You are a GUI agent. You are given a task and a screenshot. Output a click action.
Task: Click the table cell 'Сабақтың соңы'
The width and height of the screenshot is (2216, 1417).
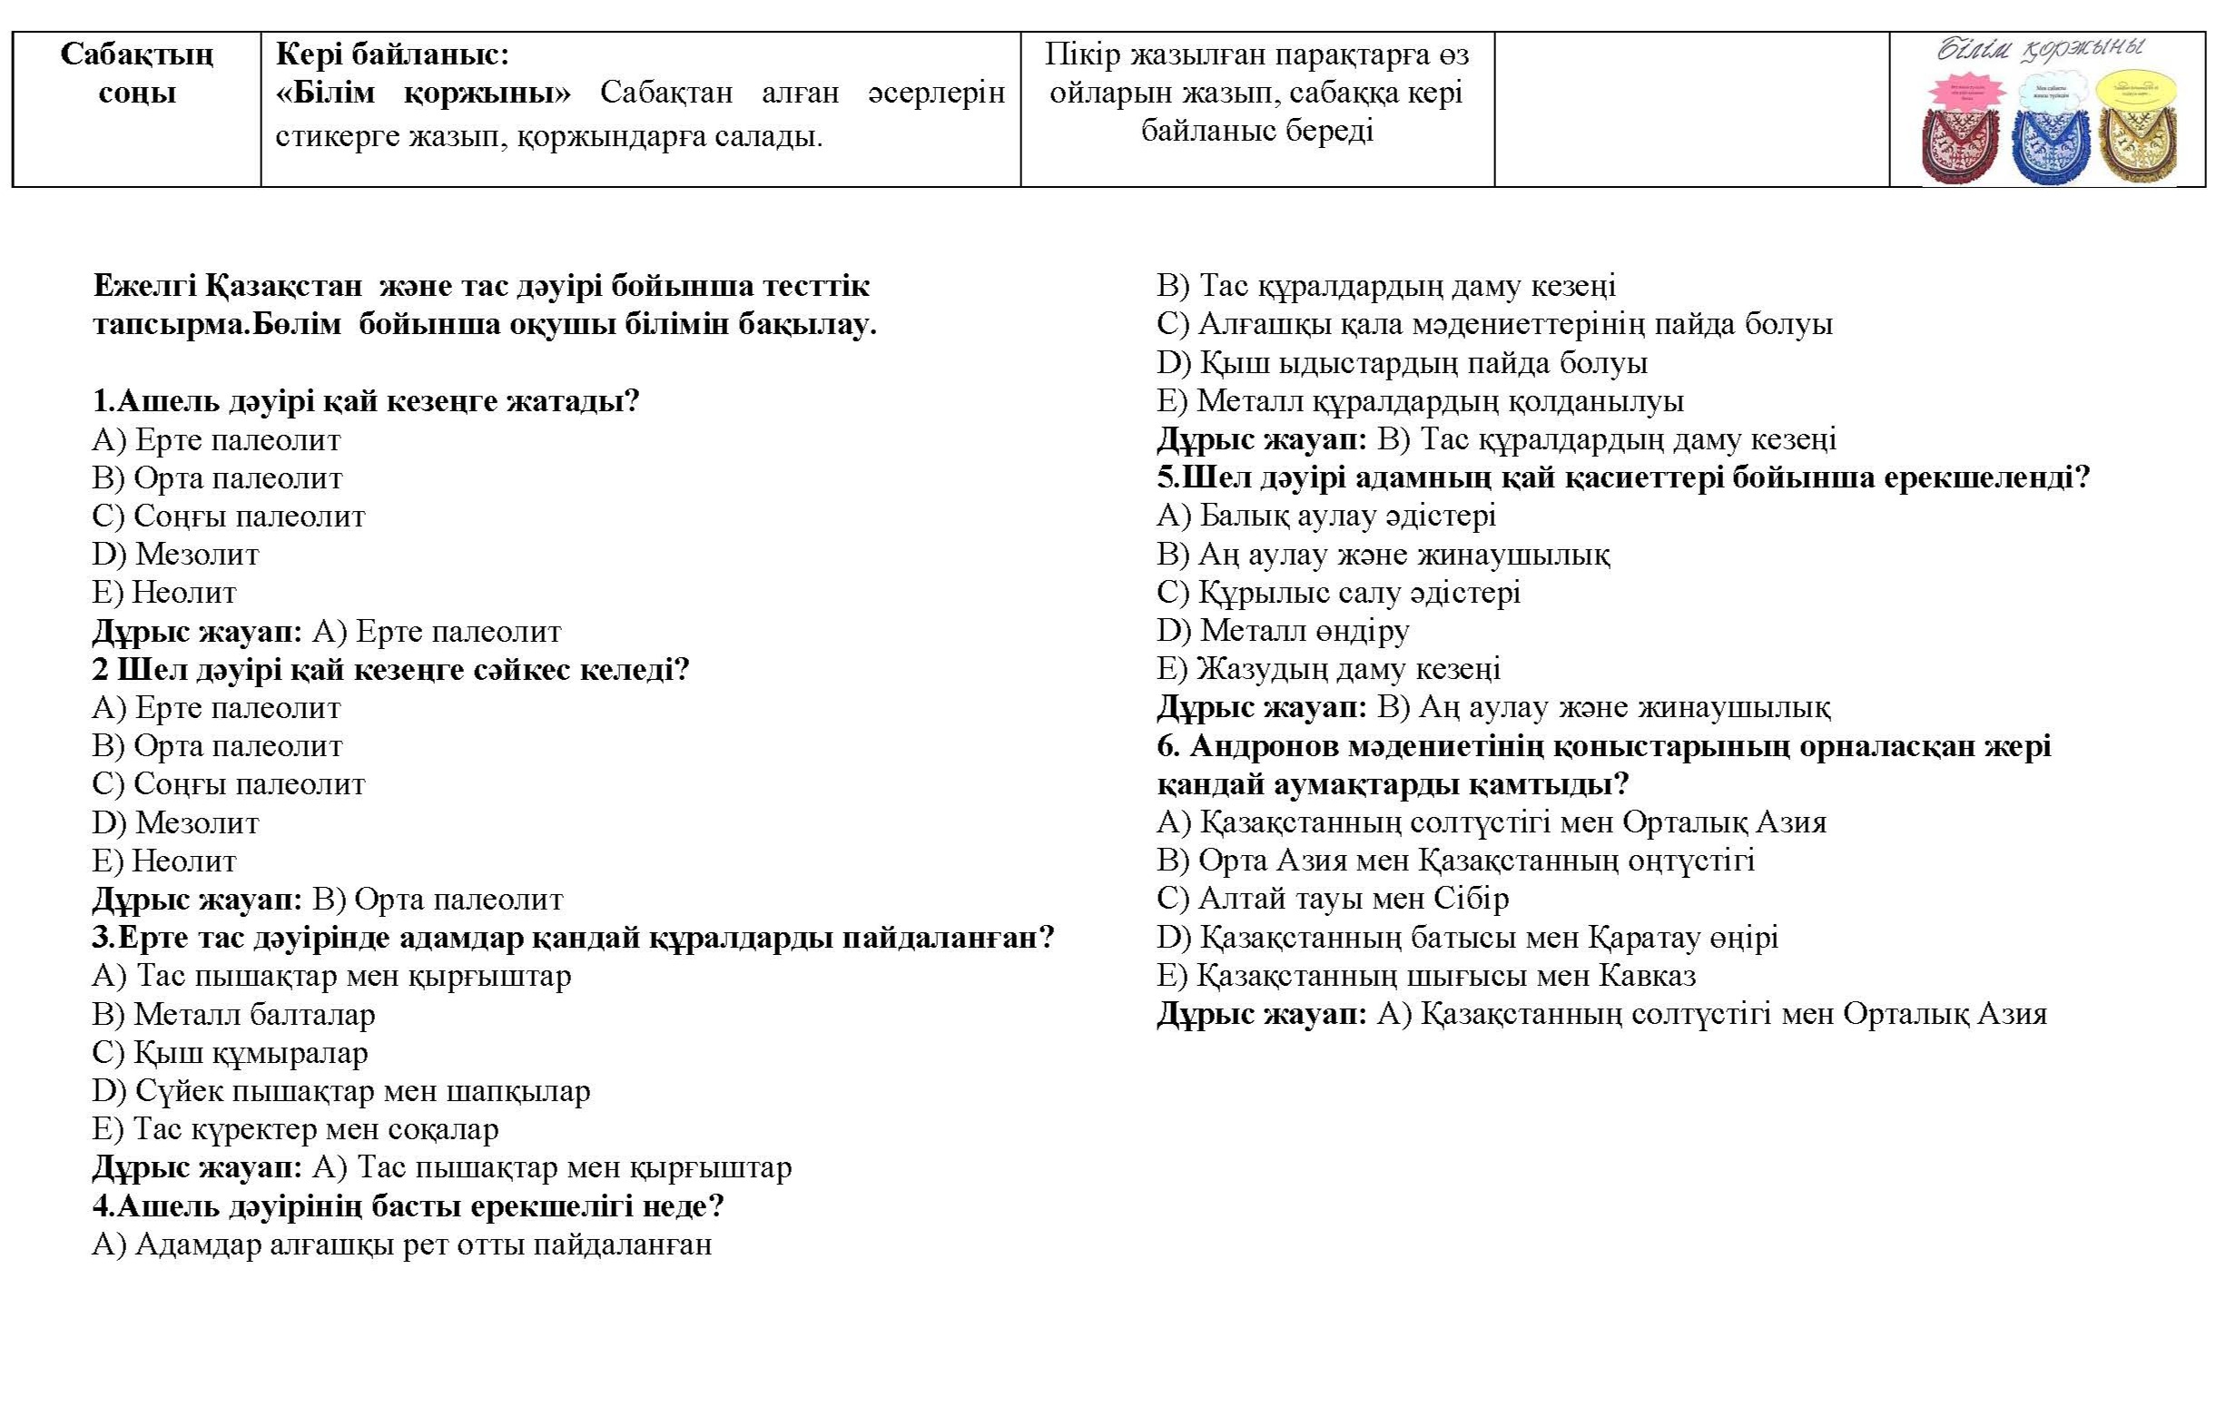[x=136, y=74]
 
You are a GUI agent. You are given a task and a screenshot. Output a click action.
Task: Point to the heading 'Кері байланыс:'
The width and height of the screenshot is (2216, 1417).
[x=392, y=55]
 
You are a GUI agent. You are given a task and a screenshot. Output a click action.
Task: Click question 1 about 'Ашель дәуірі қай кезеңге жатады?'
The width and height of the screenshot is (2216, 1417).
[x=365, y=401]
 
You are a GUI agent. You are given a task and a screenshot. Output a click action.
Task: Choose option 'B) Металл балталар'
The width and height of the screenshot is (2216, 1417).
[x=233, y=1014]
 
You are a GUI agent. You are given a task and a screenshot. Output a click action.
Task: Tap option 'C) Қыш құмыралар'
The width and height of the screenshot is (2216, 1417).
[x=230, y=1052]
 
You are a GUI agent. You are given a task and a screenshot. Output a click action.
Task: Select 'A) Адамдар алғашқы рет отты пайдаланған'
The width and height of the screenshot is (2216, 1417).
[x=401, y=1244]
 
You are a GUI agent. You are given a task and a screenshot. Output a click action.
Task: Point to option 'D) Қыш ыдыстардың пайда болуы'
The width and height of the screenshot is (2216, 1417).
[x=1402, y=362]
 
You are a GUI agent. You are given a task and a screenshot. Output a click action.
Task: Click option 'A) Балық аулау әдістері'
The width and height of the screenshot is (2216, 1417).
[x=1326, y=516]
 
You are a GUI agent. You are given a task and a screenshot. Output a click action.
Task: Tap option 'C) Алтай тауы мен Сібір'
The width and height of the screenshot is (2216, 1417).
[x=1333, y=898]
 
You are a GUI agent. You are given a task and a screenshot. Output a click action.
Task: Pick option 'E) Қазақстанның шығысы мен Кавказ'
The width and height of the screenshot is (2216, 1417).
[x=1426, y=975]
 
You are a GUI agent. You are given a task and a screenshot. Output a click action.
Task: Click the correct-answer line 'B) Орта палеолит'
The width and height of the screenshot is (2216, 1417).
[x=328, y=899]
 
